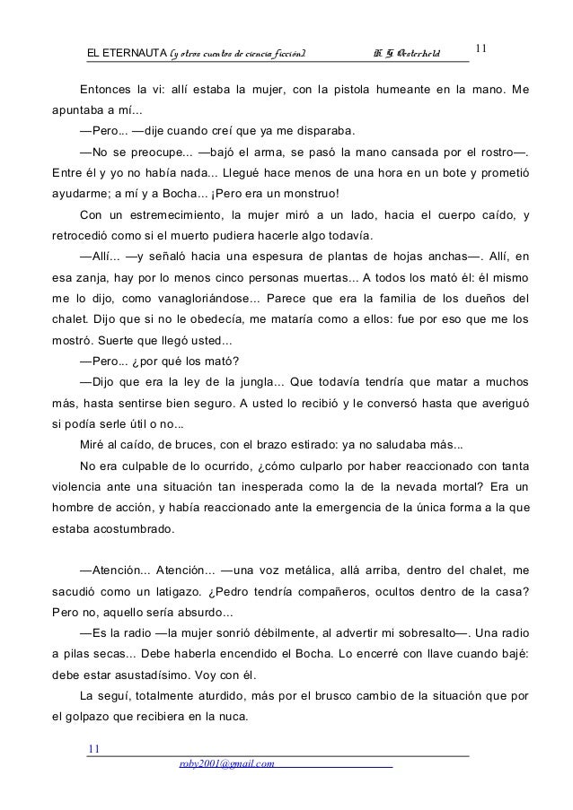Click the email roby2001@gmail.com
(x=226, y=762)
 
